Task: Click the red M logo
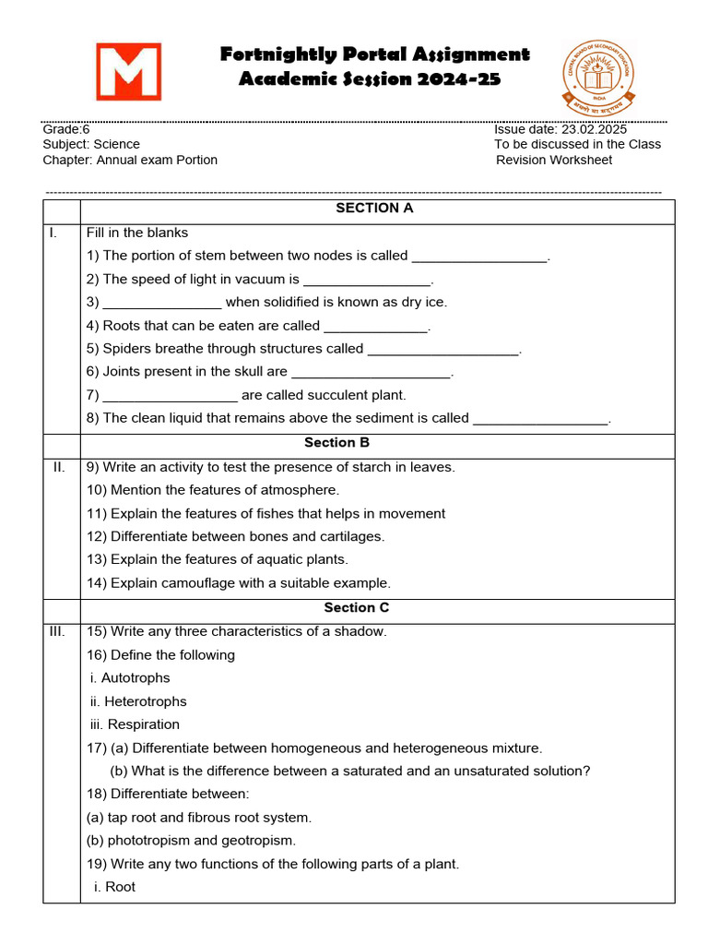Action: (129, 71)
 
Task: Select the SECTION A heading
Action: (374, 209)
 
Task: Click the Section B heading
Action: (336, 443)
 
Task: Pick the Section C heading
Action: (356, 607)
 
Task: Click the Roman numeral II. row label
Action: (59, 467)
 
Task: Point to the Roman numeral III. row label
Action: (59, 631)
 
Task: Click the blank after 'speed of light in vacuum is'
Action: (367, 280)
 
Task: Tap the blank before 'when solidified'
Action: (162, 303)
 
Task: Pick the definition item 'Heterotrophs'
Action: (145, 701)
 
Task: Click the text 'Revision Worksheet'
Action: (554, 160)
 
